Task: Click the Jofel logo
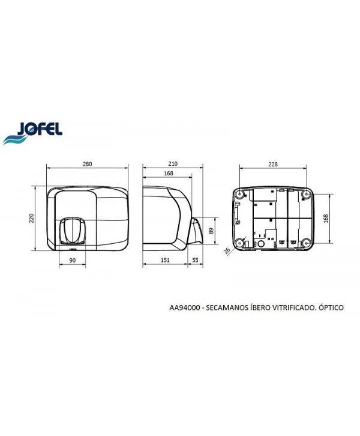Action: click(x=32, y=133)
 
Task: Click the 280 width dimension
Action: click(x=87, y=164)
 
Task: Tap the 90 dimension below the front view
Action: click(x=72, y=260)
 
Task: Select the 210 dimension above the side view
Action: click(x=173, y=164)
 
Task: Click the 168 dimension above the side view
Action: click(x=169, y=173)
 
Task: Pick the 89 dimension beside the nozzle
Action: click(x=212, y=231)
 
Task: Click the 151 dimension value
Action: click(x=165, y=260)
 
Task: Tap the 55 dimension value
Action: click(x=195, y=260)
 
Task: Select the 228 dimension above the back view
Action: click(x=273, y=165)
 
